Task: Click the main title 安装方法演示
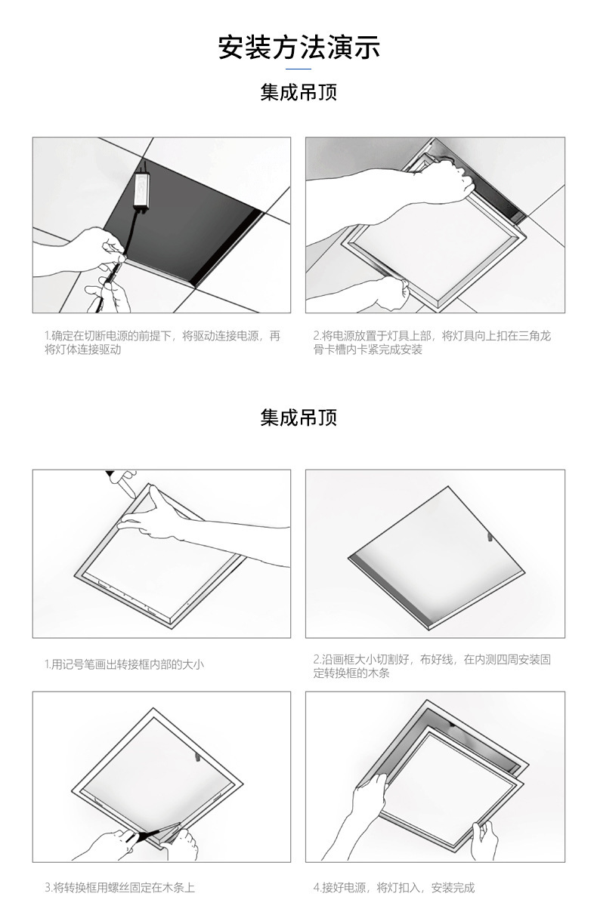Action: point(298,47)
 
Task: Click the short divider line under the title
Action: point(298,69)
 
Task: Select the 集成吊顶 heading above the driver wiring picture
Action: point(298,93)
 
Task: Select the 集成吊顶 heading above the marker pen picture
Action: point(298,417)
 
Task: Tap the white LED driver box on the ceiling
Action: point(141,187)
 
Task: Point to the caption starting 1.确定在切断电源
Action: point(162,343)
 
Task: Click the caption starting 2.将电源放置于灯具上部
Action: point(432,343)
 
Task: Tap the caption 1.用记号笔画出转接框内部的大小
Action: point(124,665)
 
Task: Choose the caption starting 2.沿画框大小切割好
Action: point(432,665)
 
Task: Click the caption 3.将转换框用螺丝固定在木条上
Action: point(119,888)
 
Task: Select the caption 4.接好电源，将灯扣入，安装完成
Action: point(394,888)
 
